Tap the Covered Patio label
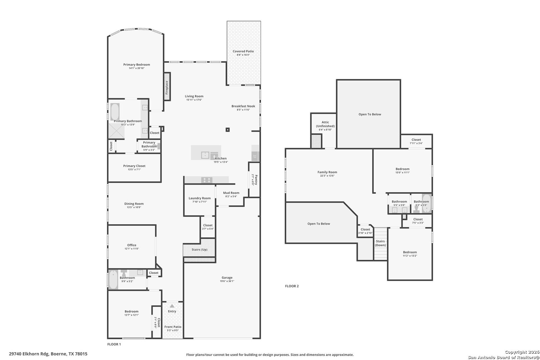tap(243, 51)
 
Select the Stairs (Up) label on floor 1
tap(199, 250)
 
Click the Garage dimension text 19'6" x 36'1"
tap(227, 281)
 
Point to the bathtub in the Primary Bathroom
tap(115, 112)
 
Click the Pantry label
tap(256, 179)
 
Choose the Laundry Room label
tap(199, 198)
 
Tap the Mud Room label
tap(231, 193)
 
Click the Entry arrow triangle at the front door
tap(172, 306)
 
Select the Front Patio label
tap(173, 327)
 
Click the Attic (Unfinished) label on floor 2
tap(325, 124)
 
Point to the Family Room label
tap(327, 172)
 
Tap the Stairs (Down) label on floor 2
tap(380, 243)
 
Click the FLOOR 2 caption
tap(292, 286)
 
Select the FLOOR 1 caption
tap(114, 344)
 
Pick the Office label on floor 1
tap(132, 245)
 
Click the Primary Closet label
tap(134, 166)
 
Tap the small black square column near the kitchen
tap(228, 130)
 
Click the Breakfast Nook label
tap(243, 106)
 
